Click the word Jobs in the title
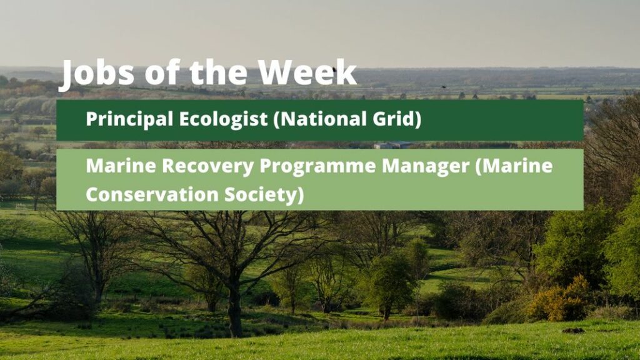click(96, 74)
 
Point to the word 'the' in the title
click(219, 72)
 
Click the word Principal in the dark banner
click(129, 119)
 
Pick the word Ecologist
click(223, 119)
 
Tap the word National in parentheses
click(316, 119)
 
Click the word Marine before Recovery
click(121, 166)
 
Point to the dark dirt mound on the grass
click(574, 330)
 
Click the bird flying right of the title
click(443, 87)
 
